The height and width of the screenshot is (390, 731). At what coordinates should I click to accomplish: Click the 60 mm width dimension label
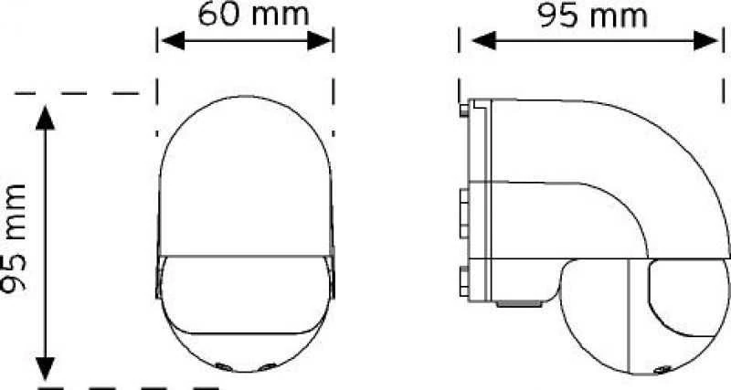(254, 14)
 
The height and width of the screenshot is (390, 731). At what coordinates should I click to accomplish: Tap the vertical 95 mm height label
(13, 238)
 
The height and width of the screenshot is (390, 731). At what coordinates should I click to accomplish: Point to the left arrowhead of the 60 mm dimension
(173, 41)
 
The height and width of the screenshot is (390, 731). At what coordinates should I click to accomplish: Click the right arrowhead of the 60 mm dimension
(319, 41)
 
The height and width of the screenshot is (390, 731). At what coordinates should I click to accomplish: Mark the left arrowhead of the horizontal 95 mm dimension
(483, 40)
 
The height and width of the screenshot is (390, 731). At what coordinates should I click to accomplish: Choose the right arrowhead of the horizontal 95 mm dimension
(705, 40)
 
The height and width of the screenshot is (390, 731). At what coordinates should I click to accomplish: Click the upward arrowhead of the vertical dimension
(45, 118)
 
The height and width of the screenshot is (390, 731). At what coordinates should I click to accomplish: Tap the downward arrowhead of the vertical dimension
(45, 369)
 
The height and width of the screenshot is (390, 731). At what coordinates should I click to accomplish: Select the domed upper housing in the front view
(246, 176)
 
